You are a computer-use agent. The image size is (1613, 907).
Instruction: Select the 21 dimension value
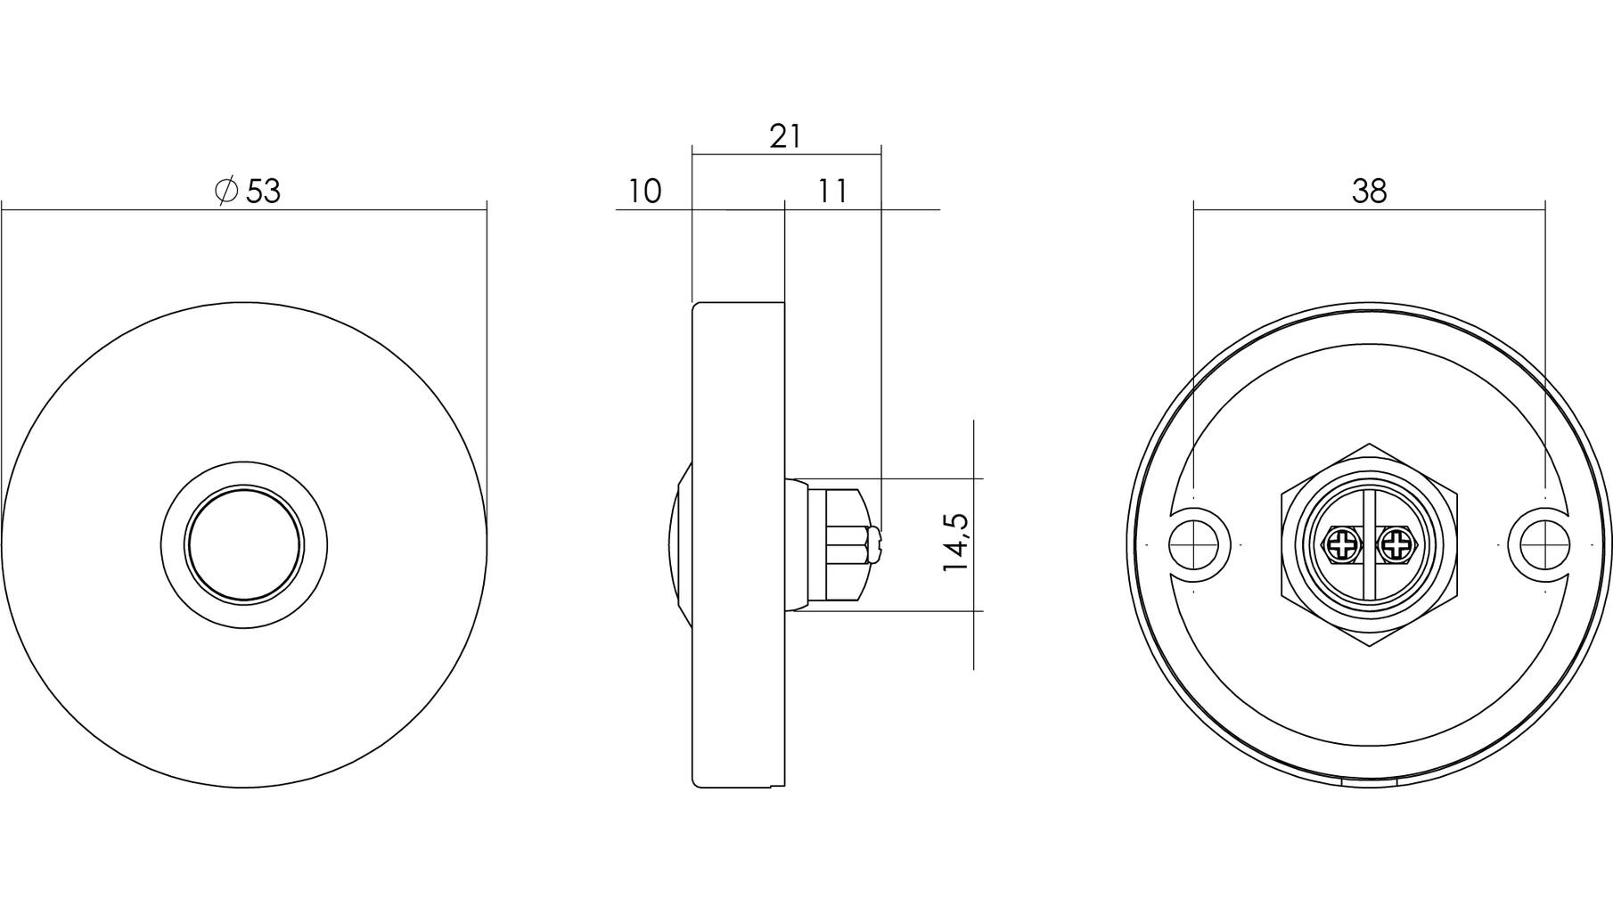tap(785, 136)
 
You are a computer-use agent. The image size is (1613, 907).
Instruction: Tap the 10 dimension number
tap(645, 191)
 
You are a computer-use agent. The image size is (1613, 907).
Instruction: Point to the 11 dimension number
tap(832, 191)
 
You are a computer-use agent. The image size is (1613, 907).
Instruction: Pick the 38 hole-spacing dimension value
tap(1369, 191)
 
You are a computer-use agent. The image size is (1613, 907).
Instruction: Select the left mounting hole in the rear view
tap(1193, 543)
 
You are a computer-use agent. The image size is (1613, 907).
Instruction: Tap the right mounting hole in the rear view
tap(1544, 543)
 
